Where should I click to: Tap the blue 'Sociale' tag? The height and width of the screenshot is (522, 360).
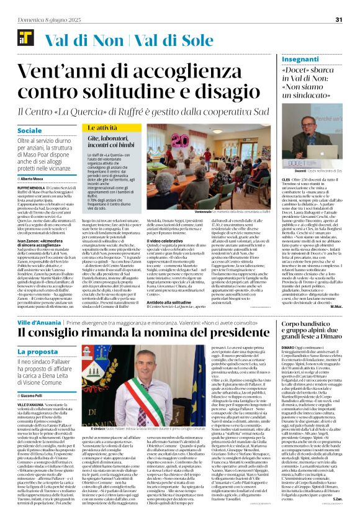[x=30, y=131]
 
